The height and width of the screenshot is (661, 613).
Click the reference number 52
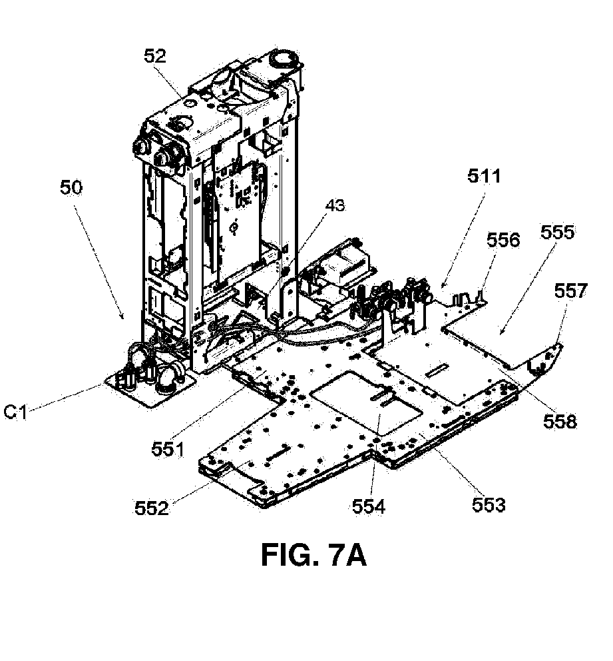click(155, 56)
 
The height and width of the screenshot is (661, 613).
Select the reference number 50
click(71, 188)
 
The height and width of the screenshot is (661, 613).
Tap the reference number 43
click(335, 205)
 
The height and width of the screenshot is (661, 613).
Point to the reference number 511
click(484, 176)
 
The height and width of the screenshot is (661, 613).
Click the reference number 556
click(503, 240)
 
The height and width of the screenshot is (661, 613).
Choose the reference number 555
click(558, 233)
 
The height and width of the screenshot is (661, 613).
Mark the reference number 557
click(570, 291)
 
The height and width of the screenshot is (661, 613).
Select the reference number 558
click(560, 421)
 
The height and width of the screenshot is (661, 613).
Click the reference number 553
click(489, 504)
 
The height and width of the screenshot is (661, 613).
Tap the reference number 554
click(369, 506)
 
